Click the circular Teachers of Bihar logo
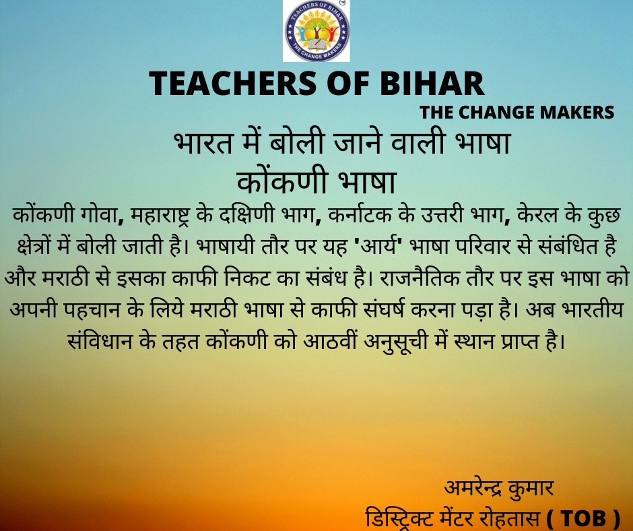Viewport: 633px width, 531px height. click(x=316, y=31)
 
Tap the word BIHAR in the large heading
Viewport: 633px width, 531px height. click(x=432, y=84)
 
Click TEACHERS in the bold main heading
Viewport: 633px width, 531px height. click(x=233, y=84)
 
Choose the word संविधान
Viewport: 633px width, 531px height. click(x=100, y=342)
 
